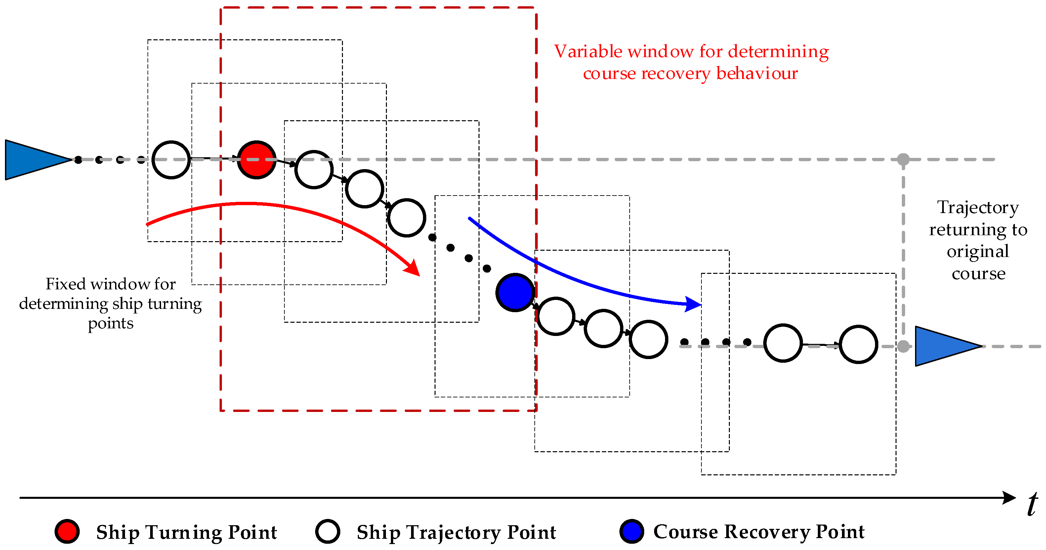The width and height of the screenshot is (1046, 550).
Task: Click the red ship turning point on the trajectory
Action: (256, 160)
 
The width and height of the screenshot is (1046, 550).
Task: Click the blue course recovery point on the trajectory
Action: (515, 292)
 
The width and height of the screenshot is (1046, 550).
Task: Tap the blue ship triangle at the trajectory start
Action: (32, 160)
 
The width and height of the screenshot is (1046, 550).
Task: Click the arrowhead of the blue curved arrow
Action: (693, 304)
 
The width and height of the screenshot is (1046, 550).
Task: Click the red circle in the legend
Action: (67, 532)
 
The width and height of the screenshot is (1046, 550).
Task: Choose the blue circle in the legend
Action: (631, 532)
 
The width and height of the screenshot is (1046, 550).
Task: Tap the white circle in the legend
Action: (327, 532)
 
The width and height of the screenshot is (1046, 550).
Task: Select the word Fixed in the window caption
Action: (65, 284)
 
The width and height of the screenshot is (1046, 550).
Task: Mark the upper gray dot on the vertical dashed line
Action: (903, 160)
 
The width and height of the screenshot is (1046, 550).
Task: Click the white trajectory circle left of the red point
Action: (171, 160)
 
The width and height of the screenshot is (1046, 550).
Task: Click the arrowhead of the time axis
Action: (1009, 498)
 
